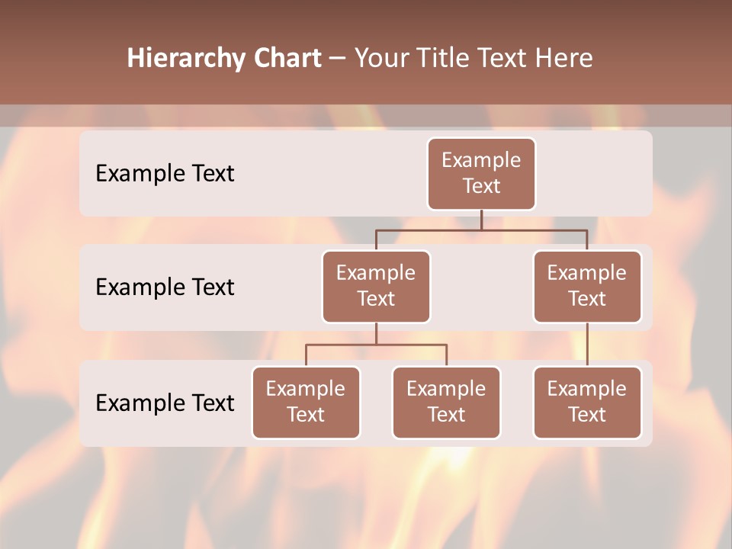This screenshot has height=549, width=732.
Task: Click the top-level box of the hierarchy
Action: (481, 174)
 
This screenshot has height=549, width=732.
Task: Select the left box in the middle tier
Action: (376, 287)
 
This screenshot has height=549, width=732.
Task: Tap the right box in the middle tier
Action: (587, 287)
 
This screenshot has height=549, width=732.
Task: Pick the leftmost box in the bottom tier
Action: (306, 403)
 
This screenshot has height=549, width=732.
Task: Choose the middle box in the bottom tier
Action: (446, 403)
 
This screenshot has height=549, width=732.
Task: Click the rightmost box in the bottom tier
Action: (587, 403)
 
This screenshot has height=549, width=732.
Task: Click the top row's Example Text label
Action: (165, 173)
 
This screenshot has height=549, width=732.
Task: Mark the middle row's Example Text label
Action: (165, 287)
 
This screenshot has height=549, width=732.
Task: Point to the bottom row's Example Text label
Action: (165, 403)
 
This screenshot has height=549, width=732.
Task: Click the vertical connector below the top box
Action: (481, 220)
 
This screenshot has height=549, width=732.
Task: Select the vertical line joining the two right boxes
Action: (587, 345)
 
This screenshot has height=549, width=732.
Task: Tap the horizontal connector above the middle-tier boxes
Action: (481, 230)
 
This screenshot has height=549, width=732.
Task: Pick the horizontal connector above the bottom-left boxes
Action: (376, 345)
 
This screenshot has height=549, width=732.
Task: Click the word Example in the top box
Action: (481, 160)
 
